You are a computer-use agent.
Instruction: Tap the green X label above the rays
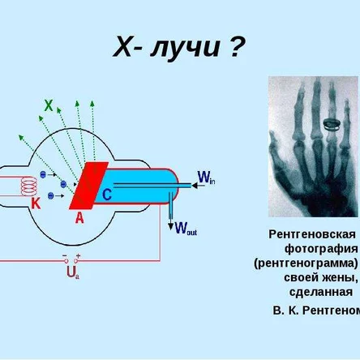[x=49, y=105]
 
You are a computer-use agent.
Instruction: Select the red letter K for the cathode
[x=36, y=204]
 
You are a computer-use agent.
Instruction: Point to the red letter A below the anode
[x=79, y=216]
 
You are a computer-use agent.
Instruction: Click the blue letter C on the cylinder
[x=107, y=195]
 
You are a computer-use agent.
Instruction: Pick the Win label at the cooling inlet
[x=206, y=178]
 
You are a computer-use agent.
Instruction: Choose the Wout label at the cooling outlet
[x=186, y=228]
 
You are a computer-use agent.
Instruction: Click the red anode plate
[x=88, y=186]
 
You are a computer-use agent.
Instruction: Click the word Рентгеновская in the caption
[x=312, y=234]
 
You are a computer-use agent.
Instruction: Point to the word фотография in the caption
[x=320, y=248]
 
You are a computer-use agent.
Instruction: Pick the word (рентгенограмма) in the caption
[x=306, y=263]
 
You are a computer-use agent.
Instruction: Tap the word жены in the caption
[x=341, y=277]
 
